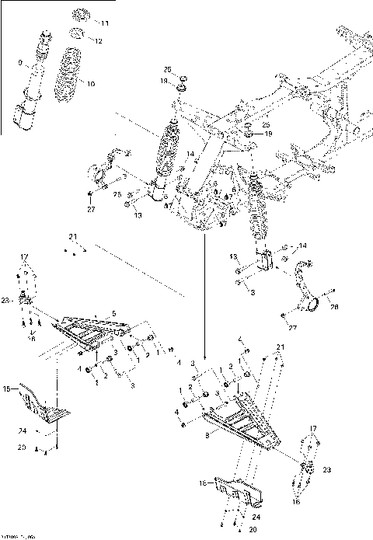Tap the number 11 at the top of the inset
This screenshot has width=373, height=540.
105,24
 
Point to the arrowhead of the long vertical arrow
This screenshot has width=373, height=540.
204,355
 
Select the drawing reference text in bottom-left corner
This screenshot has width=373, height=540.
17,535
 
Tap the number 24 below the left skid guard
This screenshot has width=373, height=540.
23,430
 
